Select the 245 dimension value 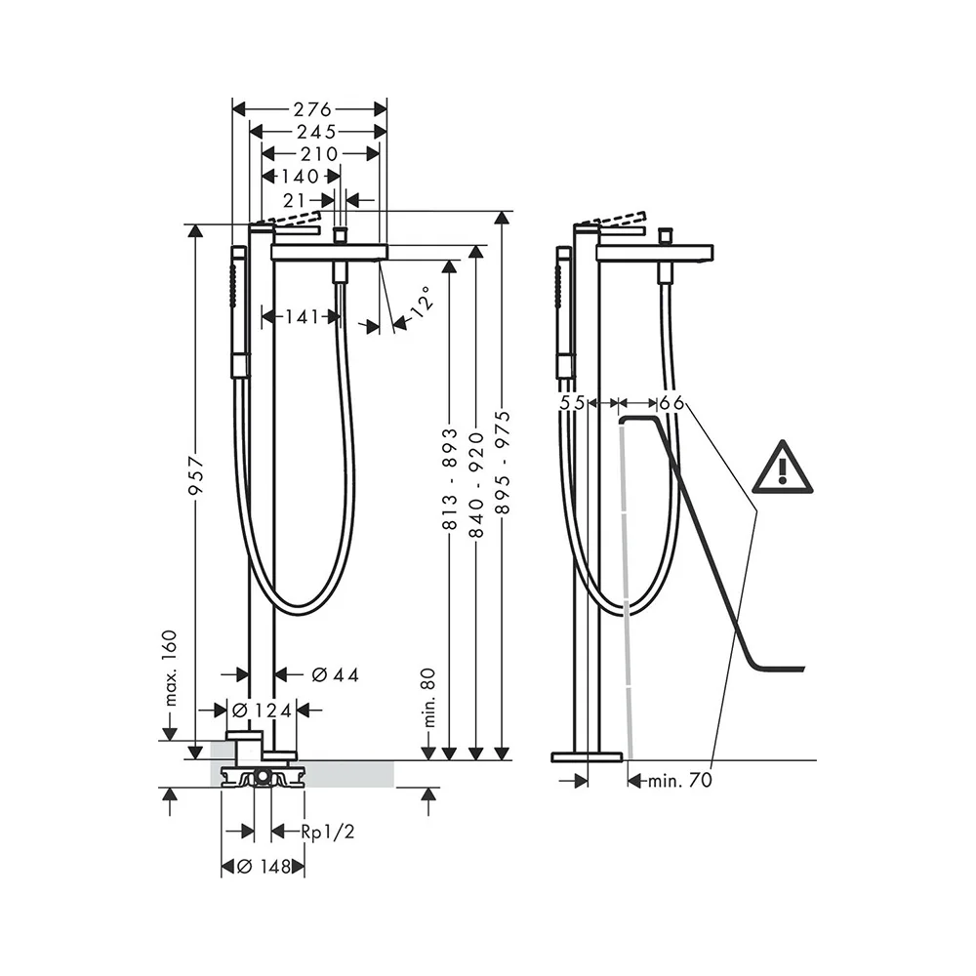[316, 131]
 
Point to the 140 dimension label [300, 177]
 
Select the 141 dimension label [302, 316]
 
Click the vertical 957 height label [195, 475]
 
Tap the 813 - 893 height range [450, 479]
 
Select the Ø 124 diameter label [260, 711]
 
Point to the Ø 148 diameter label [263, 867]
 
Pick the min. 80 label [427, 700]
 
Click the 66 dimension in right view [671, 402]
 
